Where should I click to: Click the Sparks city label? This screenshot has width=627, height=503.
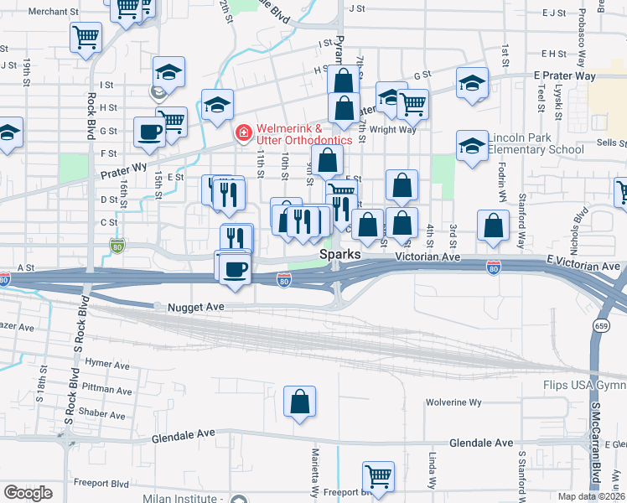coord(339,254)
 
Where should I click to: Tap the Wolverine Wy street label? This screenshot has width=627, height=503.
coord(453,402)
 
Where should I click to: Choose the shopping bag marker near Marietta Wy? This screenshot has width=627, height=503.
coord(299,402)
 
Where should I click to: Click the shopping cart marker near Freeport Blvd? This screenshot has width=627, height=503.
coord(379,476)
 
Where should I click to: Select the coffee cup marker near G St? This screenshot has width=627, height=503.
coord(149,132)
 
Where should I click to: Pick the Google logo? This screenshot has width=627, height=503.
coord(28,493)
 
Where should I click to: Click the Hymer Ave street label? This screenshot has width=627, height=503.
coord(107,365)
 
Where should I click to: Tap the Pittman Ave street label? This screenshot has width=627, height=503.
coord(109,390)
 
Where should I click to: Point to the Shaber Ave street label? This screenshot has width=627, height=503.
coord(106,415)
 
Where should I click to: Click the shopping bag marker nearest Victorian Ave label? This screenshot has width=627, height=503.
coord(493,225)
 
